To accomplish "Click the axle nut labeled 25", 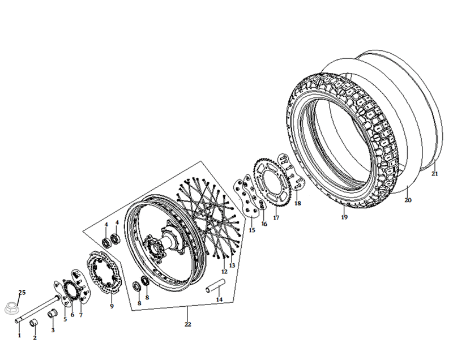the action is tap(11, 308).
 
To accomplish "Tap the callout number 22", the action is tap(188, 324).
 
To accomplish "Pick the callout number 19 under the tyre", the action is tap(344, 217).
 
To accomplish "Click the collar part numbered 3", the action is tap(52, 313).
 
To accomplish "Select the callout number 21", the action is tap(435, 174).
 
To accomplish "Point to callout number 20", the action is tap(408, 200).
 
